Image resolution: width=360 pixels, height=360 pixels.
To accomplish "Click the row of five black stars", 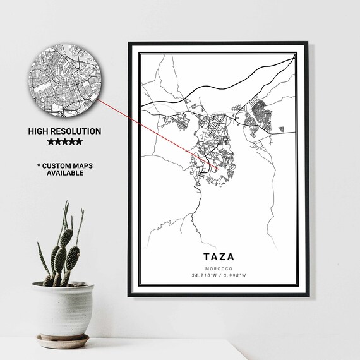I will coord(65,142).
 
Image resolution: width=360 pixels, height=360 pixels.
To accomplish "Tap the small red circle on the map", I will coord(215,169).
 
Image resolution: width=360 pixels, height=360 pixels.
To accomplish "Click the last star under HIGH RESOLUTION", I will coord(79,142).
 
